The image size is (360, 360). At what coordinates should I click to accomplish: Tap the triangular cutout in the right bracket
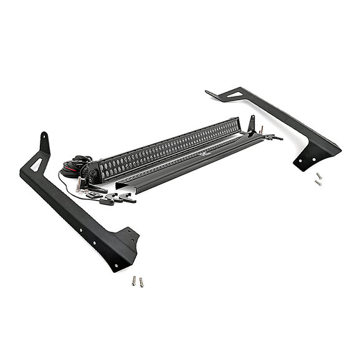234,95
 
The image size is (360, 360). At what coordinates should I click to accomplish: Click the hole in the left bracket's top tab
44,136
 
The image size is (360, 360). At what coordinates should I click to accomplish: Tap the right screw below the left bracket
141,282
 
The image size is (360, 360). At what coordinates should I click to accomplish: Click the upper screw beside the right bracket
318,176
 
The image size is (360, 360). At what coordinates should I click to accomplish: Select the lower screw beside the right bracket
318,182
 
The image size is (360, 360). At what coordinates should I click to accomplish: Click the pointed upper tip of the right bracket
208,92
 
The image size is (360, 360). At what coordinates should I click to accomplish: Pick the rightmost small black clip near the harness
128,198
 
